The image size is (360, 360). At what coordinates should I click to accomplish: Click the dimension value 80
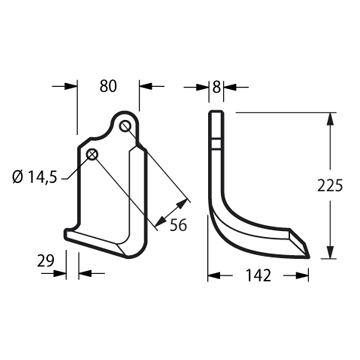pyautogui.click(x=108, y=86)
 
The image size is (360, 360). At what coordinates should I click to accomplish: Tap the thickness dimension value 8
pyautogui.click(x=216, y=87)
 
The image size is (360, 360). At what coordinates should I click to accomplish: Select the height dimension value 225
pyautogui.click(x=330, y=186)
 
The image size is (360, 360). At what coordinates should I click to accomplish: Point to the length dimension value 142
pyautogui.click(x=258, y=275)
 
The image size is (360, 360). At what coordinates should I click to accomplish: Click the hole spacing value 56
pyautogui.click(x=178, y=226)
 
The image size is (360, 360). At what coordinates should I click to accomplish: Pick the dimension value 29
pyautogui.click(x=45, y=261)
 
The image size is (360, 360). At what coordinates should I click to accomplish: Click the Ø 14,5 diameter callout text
pyautogui.click(x=35, y=177)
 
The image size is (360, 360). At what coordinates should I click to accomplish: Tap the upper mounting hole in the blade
pyautogui.click(x=125, y=126)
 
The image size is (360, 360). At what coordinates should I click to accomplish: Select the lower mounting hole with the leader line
pyautogui.click(x=92, y=154)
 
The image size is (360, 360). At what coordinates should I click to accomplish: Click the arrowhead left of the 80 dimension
pyautogui.click(x=71, y=86)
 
